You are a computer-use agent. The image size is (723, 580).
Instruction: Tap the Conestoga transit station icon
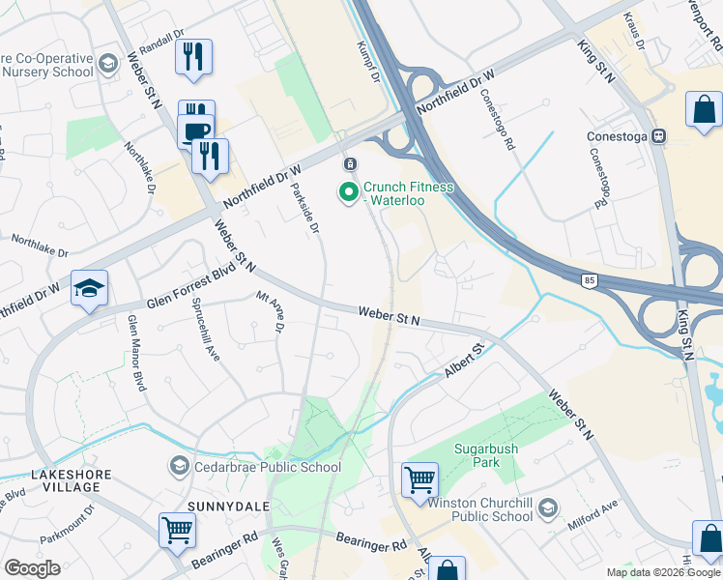[x=660, y=136]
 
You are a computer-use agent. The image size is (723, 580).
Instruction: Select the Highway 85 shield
[x=589, y=281]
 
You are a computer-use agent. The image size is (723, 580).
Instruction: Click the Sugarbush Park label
[x=488, y=456]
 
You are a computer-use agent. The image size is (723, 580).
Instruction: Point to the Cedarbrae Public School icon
[x=179, y=467]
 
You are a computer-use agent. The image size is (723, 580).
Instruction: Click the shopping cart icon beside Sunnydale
[x=178, y=530]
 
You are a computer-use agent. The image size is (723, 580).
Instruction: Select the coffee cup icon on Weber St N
[x=195, y=131]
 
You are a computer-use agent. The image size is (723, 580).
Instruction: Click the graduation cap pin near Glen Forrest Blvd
[x=89, y=288]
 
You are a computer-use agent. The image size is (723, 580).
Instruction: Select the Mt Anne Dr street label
[x=269, y=314]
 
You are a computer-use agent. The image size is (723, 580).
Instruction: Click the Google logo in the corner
[x=32, y=568]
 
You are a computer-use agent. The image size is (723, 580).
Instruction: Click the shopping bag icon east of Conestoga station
[x=704, y=109]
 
